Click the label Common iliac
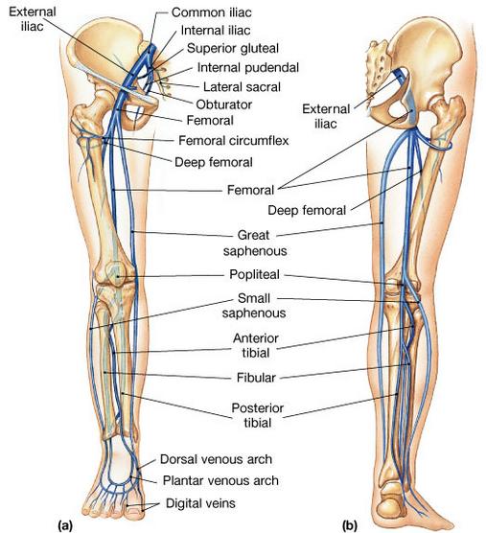pos(212,12)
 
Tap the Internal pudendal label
pos(248,67)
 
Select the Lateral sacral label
pos(242,86)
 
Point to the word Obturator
pos(224,104)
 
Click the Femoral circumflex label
pos(234,140)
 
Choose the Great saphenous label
pos(255,243)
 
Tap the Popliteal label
pos(255,274)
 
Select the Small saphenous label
pos(254,306)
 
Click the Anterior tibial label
pos(256,345)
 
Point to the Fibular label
pos(256,378)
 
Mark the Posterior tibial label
pos(258,415)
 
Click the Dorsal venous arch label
pos(216,459)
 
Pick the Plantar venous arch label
pos(220,480)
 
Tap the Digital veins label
pos(200,503)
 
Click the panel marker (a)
pos(65,525)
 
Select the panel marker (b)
pos(350,525)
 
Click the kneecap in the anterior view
pos(116,272)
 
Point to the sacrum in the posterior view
pos(378,68)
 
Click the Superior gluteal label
pos(233,48)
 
